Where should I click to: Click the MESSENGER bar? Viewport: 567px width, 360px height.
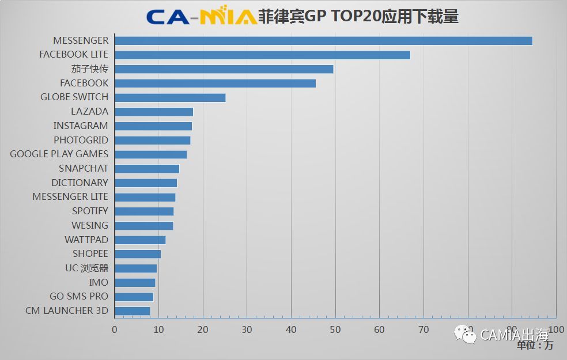(x=323, y=41)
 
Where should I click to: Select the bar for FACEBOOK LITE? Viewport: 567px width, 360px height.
(x=262, y=55)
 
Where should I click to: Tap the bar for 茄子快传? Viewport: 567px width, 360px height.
(x=224, y=69)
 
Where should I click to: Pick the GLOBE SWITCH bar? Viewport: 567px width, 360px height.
(x=170, y=97)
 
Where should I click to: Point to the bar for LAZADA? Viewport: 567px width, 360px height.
(x=154, y=112)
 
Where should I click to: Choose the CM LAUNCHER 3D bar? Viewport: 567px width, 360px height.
(x=133, y=311)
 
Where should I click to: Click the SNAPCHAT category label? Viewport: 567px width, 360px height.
(x=83, y=168)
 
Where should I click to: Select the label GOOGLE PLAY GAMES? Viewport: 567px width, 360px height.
(x=59, y=154)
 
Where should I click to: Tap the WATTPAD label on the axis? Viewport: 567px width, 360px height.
(x=86, y=240)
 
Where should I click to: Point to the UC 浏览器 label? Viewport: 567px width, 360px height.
(x=86, y=268)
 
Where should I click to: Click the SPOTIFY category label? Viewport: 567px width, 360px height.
(x=90, y=211)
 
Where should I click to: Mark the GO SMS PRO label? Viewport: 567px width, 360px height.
(x=78, y=296)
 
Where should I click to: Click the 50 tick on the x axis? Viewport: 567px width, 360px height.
(x=335, y=329)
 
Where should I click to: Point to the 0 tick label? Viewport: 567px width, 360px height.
(x=115, y=329)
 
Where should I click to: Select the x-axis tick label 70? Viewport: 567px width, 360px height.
(x=424, y=329)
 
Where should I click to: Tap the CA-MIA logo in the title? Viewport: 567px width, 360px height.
(x=201, y=16)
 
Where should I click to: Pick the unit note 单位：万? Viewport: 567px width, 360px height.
(x=534, y=346)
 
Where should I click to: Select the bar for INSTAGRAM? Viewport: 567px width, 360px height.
(x=153, y=126)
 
